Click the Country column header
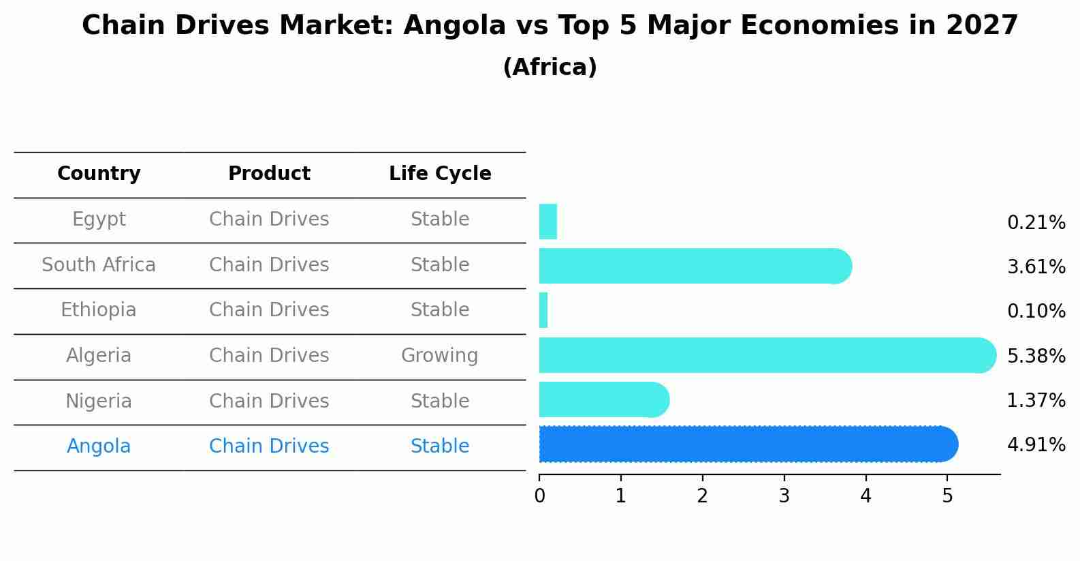pos(99,174)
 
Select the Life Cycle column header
pos(440,174)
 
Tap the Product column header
pos(269,174)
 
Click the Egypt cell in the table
pos(99,219)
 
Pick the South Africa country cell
pos(99,264)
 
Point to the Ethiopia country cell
pos(99,310)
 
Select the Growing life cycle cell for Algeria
pos(440,356)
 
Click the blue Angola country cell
pos(99,446)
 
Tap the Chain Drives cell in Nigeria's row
pos(269,401)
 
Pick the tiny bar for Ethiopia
pos(543,311)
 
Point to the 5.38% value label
pos(1036,356)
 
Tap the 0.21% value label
pos(1036,223)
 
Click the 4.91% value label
pos(1036,445)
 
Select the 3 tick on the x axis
pos(784,496)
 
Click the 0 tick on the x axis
pos(539,496)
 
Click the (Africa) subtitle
pos(550,67)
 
